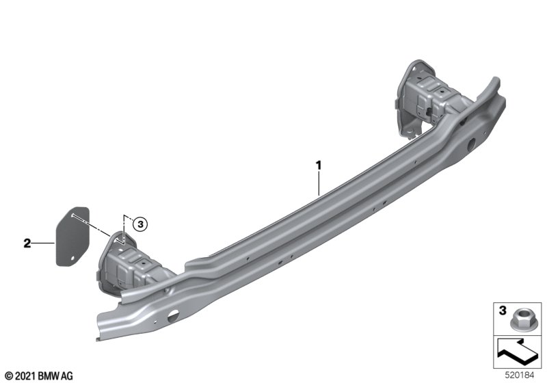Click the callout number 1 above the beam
[318, 165]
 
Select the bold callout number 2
[27, 243]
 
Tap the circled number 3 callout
[140, 224]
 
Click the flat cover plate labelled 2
[73, 237]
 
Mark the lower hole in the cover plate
[72, 259]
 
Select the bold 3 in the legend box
[503, 310]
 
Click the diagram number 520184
[520, 375]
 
